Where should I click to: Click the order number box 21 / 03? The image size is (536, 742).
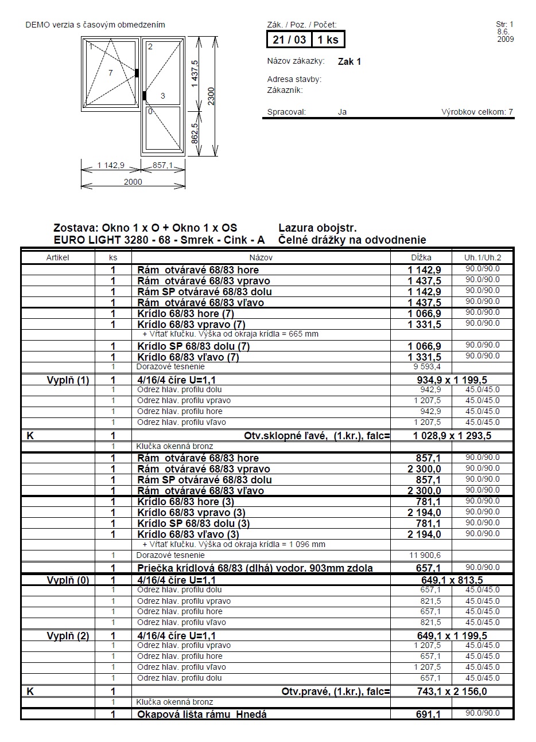(289, 40)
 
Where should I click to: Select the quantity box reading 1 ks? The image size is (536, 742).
(328, 40)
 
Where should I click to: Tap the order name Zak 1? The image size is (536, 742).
(349, 61)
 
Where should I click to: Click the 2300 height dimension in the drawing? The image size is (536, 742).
(211, 96)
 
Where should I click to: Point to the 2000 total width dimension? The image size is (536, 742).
(133, 182)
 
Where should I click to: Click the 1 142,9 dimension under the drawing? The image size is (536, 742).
(111, 165)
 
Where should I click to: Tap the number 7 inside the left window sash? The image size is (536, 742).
(111, 73)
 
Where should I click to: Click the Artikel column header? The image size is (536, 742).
(57, 257)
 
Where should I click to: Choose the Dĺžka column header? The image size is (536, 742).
(421, 257)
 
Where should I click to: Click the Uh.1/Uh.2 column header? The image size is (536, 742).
(483, 257)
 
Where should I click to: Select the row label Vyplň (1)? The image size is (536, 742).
(68, 380)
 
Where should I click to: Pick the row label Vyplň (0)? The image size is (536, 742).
(68, 580)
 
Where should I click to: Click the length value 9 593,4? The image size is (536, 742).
(427, 366)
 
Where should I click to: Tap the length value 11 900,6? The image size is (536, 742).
(425, 555)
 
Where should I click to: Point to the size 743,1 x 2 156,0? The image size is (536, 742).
(452, 692)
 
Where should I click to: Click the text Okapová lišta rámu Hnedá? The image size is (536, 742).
(202, 714)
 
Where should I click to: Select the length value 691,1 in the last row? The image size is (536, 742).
(428, 714)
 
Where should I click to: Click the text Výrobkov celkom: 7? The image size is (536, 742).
(477, 112)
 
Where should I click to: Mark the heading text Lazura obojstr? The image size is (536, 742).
(317, 228)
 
